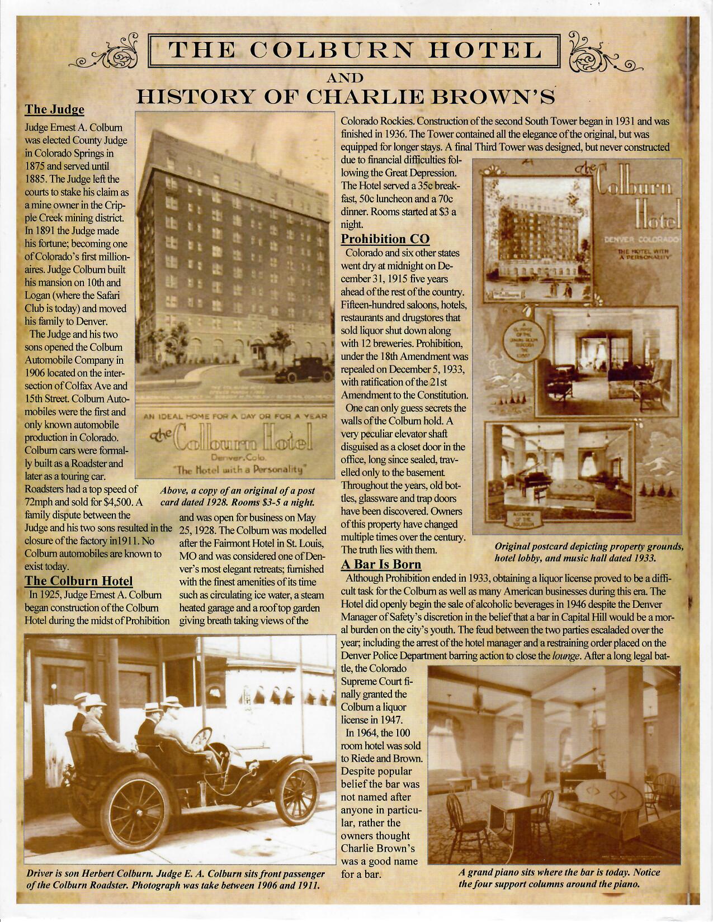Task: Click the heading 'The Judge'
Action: point(55,109)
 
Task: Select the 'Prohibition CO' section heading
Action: point(385,239)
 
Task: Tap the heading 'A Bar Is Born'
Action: point(381,564)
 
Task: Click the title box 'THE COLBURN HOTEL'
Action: point(356,50)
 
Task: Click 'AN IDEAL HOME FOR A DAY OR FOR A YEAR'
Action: point(230,416)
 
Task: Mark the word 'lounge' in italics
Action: point(564,656)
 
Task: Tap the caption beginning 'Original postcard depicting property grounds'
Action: point(589,552)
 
